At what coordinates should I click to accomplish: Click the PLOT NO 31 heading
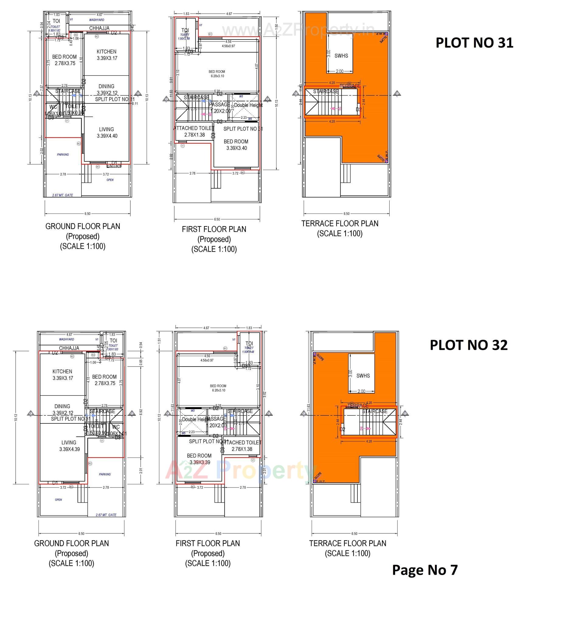474,43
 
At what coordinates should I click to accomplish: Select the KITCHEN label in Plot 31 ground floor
106,52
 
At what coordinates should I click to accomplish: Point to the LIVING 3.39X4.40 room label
107,133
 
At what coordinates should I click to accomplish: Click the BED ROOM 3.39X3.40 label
236,145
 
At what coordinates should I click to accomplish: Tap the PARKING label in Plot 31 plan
63,154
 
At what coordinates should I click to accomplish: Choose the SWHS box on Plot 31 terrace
341,56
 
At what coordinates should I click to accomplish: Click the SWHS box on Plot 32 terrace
363,376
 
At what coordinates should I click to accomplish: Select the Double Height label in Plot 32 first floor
196,419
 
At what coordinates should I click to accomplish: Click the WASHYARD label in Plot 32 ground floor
67,339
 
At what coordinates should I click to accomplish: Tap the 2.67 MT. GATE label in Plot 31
62,195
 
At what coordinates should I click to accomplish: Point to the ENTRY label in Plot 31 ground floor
114,166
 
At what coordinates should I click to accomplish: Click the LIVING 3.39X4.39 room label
69,446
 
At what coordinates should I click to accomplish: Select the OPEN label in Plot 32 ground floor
58,500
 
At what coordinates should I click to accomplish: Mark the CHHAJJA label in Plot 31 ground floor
99,28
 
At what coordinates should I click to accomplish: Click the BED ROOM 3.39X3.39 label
199,459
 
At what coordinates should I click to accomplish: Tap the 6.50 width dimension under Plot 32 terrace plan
354,534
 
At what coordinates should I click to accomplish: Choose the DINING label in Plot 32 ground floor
62,406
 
